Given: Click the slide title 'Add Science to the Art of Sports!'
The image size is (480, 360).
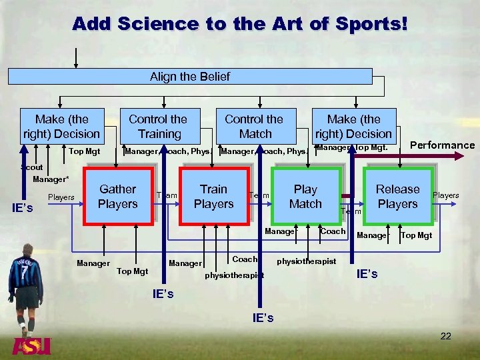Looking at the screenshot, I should [x=239, y=24].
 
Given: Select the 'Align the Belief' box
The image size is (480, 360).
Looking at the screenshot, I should [x=190, y=77].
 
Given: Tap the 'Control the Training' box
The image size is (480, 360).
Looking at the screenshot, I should [x=158, y=126].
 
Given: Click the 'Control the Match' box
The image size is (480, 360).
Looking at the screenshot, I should [x=254, y=126].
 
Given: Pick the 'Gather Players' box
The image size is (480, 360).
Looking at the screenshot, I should [x=118, y=197].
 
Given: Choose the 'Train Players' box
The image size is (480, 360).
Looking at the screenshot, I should [x=213, y=197].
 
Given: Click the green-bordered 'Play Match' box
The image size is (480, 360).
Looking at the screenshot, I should [x=305, y=197].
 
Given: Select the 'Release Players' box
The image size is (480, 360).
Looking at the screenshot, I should [x=397, y=197].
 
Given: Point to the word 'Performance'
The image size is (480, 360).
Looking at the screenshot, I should [x=442, y=145].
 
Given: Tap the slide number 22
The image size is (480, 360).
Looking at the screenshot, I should [x=445, y=336].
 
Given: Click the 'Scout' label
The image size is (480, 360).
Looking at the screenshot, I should [x=31, y=168].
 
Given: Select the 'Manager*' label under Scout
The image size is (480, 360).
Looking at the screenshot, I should [x=51, y=179].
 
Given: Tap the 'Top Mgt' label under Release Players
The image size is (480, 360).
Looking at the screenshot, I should [x=416, y=235].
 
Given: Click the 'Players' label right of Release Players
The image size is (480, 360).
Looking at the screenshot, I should [x=446, y=195].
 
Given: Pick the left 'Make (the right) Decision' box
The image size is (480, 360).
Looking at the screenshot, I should [x=61, y=126].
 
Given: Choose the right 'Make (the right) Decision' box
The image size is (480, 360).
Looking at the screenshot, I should [x=353, y=126].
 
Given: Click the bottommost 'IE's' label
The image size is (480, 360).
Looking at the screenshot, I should [x=263, y=318].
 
